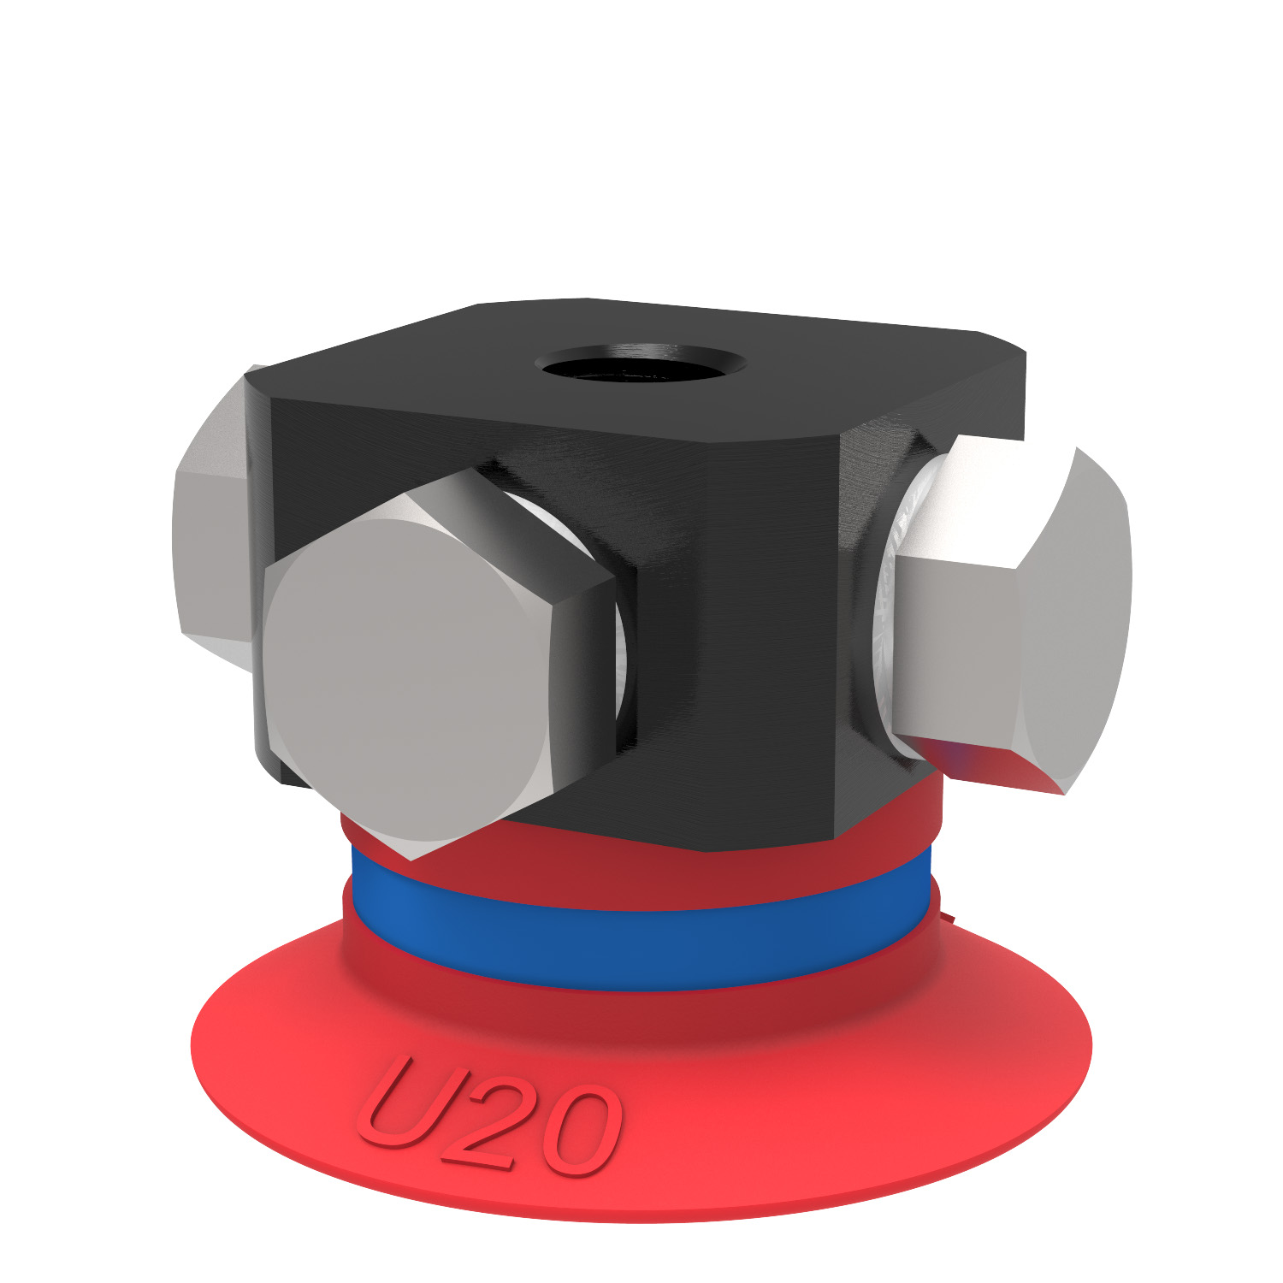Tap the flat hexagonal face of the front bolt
coord(406,676)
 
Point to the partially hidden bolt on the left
coord(210,530)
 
